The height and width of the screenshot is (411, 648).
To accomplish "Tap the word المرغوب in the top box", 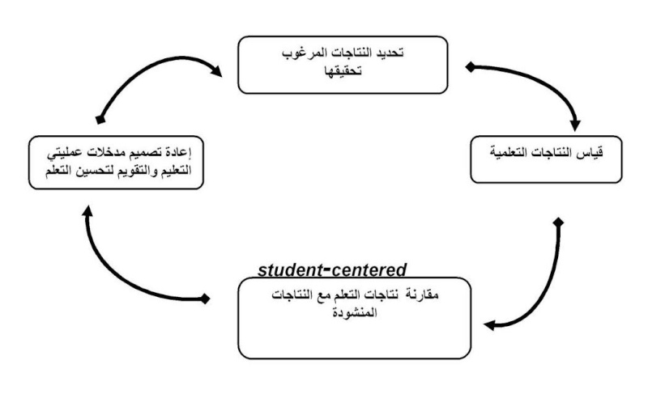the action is coord(301,53).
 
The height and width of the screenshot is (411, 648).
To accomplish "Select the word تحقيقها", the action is coord(343,71).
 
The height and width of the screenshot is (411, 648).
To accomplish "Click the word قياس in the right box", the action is coord(592,153).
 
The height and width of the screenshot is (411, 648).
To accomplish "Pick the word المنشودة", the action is coord(355,312).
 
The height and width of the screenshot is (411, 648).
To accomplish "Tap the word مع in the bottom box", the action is coord(322,295).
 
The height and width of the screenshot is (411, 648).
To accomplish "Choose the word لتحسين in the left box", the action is coord(92,171).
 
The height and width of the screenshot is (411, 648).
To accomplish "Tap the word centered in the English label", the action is coord(369,270).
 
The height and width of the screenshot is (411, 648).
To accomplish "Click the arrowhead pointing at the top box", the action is coord(215,70).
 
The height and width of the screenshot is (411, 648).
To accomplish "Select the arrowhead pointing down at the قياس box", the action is coord(575,125).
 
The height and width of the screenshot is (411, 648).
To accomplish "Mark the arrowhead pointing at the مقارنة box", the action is coord(490,325).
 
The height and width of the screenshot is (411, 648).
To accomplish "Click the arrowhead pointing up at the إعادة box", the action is coord(87,211).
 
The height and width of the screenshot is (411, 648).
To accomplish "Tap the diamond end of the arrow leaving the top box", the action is coord(471,67).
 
